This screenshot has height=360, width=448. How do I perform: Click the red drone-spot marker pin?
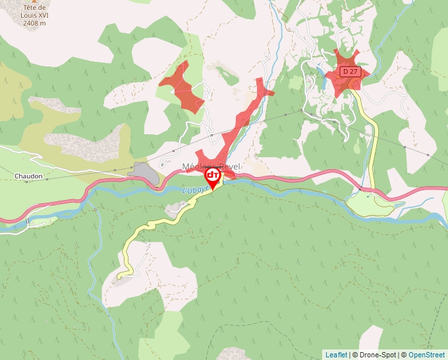pyautogui.click(x=213, y=178)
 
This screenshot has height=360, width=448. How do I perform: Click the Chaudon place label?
pyautogui.click(x=28, y=176)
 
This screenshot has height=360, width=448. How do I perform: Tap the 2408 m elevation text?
pyautogui.click(x=34, y=23)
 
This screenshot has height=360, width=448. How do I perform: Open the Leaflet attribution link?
pyautogui.click(x=336, y=355)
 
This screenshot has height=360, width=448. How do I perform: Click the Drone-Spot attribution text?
pyautogui.click(x=374, y=355)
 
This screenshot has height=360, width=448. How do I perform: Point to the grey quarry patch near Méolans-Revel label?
pyautogui.click(x=144, y=173)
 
